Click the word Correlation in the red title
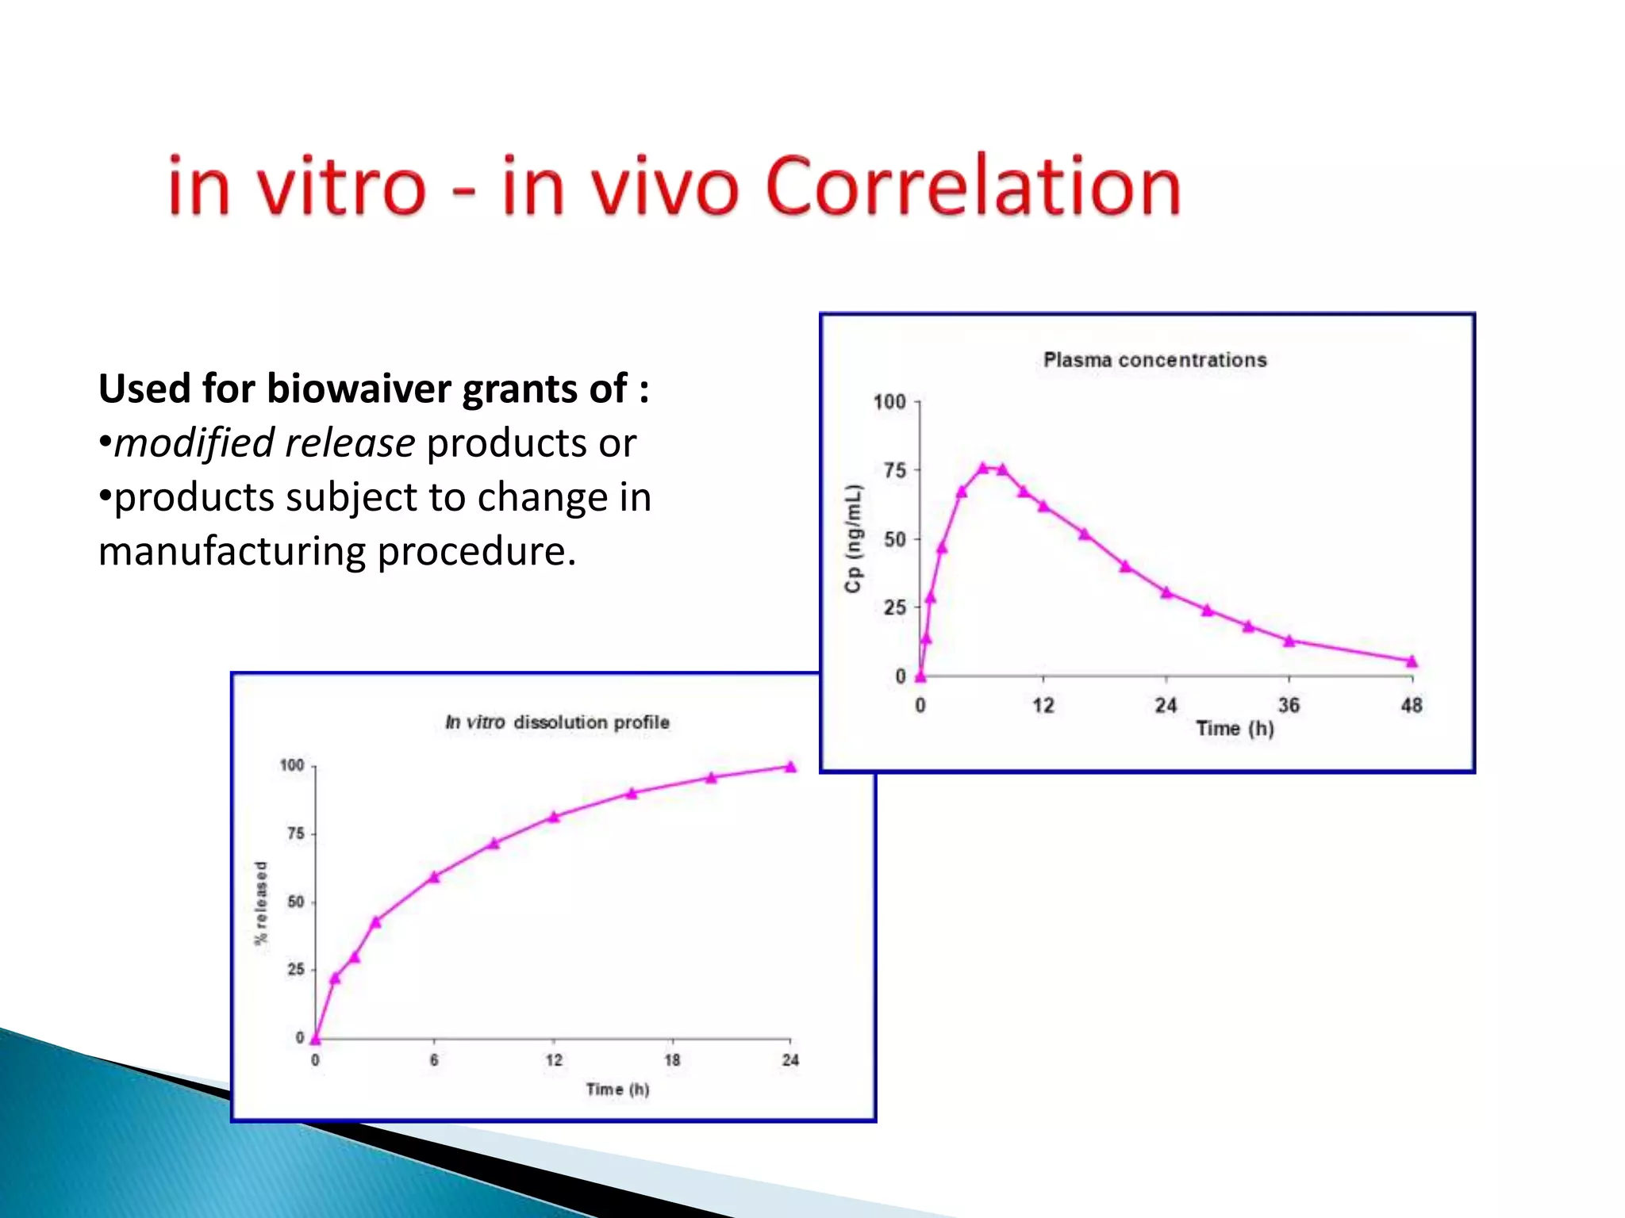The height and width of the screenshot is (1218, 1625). coord(973,187)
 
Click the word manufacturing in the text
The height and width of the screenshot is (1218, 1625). coord(232,551)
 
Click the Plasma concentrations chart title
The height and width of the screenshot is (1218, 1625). coord(1154,360)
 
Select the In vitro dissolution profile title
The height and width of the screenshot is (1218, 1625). coord(557,722)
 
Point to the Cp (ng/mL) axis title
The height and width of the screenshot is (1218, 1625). coord(853,538)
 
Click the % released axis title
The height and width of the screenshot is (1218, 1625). coord(261,902)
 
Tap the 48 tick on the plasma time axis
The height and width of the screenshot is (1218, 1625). coord(1412,705)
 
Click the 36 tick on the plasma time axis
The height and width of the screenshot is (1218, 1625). coord(1289,705)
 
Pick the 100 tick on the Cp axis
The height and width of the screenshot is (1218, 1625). coord(889,402)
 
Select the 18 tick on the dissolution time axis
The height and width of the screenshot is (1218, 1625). coord(672,1060)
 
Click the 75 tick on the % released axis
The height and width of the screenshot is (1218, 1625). coord(296,833)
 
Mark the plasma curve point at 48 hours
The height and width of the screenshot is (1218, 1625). coord(1412,661)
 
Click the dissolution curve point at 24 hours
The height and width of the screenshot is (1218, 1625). coord(790,767)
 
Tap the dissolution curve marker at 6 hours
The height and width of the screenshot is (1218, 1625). coord(434,877)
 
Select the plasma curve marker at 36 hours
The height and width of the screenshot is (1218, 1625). coord(1289,641)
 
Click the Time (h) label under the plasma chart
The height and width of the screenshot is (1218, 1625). coord(1235,729)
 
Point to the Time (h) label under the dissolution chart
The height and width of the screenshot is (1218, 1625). coord(617,1090)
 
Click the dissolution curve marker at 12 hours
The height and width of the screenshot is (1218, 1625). coord(554,817)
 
